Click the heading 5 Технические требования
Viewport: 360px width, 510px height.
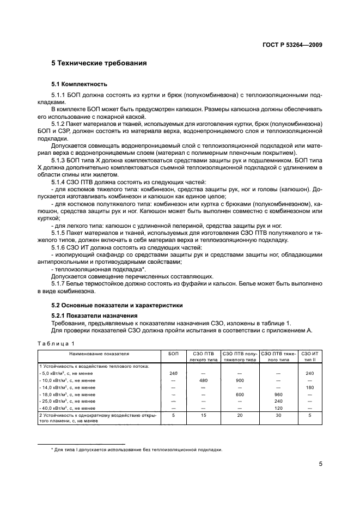click(99, 63)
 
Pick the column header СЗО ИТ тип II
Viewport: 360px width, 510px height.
click(309, 357)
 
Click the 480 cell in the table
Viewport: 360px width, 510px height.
click(204, 380)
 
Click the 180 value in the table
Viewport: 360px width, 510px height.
click(309, 387)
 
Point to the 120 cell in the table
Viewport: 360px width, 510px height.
click(278, 408)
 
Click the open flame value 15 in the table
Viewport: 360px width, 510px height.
click(204, 415)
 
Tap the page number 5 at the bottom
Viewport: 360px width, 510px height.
click(321, 465)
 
